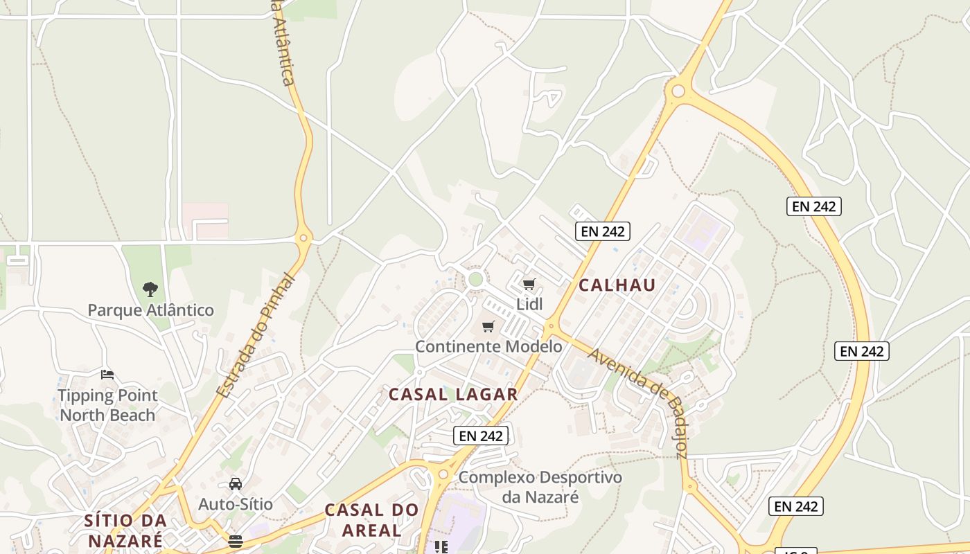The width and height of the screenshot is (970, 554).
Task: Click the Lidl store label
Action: point(529,304)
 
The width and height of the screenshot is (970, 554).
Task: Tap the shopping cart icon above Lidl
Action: point(529,284)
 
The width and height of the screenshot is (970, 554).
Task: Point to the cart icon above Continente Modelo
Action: point(488,326)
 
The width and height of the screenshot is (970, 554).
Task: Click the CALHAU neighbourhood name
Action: point(617,285)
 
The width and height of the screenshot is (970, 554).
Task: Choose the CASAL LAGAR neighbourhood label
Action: point(453,395)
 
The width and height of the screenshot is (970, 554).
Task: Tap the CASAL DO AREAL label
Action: point(372,520)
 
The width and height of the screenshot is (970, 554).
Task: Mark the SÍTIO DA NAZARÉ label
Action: point(125,530)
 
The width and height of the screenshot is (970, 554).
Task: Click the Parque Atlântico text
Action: point(150,310)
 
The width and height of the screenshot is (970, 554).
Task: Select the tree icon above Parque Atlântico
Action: point(150,289)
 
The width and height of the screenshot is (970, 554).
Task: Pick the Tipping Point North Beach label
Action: point(107,405)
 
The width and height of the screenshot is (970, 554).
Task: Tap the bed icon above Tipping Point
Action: point(107,375)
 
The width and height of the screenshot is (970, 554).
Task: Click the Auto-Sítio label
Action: point(236,504)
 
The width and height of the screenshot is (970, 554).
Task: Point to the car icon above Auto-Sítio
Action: point(236,484)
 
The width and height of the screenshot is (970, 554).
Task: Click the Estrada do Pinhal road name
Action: point(256,337)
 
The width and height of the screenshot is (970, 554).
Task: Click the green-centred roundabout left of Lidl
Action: point(475,280)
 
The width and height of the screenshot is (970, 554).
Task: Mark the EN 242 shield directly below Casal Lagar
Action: point(482,436)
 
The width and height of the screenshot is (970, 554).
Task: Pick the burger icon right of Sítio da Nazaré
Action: point(236,541)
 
